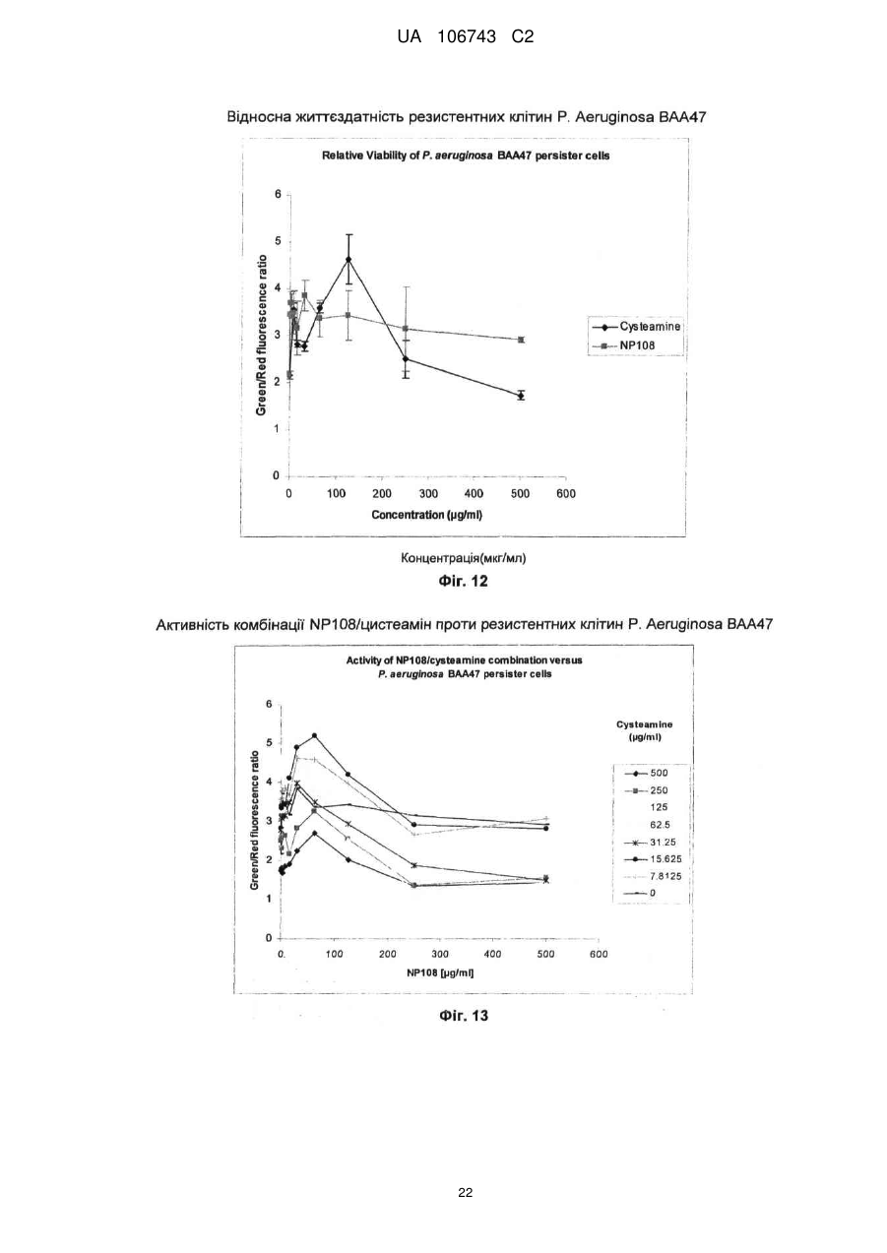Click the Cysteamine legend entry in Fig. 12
(x=636, y=327)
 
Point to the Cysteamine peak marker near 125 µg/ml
(x=348, y=259)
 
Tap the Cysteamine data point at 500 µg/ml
(x=521, y=396)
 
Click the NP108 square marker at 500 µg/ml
(x=521, y=340)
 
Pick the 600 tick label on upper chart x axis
(x=566, y=494)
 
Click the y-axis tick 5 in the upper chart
(x=276, y=242)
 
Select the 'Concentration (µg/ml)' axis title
(x=426, y=515)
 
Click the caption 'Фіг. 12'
(x=463, y=581)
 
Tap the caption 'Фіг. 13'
(x=464, y=1015)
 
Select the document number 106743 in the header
(x=467, y=37)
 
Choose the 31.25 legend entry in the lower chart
(x=649, y=842)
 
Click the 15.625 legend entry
(x=652, y=859)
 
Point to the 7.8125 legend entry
(x=652, y=877)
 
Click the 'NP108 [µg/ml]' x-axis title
(x=440, y=972)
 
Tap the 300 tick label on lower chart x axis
(x=440, y=955)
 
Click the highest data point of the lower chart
(x=314, y=735)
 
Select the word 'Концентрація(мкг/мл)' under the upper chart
(x=464, y=558)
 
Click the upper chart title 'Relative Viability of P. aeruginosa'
(x=408, y=156)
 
